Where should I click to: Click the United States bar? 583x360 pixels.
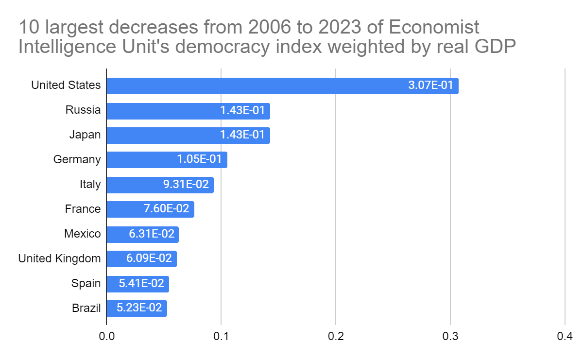point(282,86)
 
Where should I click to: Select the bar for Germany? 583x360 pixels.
point(167,160)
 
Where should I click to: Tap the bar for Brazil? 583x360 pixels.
point(137,309)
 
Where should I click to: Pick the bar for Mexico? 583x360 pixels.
point(143,235)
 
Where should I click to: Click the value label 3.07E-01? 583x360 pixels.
point(430,85)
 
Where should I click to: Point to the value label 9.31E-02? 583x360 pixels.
point(186,184)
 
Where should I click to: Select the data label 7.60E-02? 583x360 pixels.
point(166,208)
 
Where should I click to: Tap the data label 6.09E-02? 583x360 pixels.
point(149,258)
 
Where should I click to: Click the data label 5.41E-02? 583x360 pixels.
point(141,283)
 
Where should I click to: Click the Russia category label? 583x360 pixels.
point(83,110)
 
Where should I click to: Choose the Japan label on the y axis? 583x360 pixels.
point(85,135)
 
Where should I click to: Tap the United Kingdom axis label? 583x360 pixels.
point(59,258)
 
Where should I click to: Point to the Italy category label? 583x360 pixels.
point(90,184)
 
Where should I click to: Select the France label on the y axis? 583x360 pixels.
point(83,209)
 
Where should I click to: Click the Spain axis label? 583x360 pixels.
point(86,283)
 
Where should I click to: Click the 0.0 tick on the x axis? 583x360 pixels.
point(107,336)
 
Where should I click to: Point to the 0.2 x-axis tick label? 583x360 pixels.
point(336,336)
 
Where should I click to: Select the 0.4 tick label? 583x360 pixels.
point(565,336)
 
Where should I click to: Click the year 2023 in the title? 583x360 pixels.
point(340,27)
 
